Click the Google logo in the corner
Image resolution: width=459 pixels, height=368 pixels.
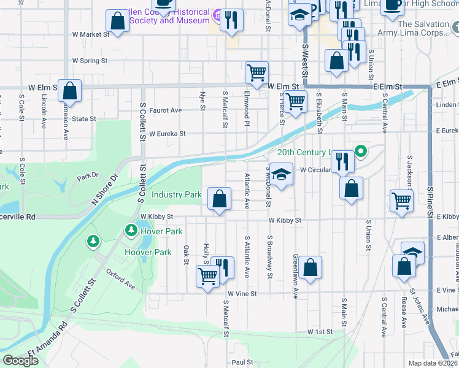tap(20, 361)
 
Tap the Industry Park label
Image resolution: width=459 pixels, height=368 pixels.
tap(177, 194)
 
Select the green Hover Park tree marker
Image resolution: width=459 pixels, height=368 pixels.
tap(131, 231)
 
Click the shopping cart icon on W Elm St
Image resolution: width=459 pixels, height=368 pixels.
tap(256, 72)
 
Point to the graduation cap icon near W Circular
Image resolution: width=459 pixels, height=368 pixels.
tap(281, 175)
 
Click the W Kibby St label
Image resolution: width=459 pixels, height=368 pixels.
tap(156, 217)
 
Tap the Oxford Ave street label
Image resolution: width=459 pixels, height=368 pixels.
tap(120, 278)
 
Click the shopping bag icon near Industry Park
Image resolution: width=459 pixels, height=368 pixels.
tap(219, 199)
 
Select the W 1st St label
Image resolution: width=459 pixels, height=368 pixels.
tap(320, 331)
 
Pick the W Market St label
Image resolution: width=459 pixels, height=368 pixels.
tap(90, 34)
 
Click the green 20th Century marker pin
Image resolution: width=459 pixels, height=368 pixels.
tap(361, 151)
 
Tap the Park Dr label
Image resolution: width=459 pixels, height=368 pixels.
tap(87, 177)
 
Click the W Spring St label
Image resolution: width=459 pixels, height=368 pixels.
tap(90, 61)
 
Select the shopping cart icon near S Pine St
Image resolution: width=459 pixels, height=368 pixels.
tap(401, 200)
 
